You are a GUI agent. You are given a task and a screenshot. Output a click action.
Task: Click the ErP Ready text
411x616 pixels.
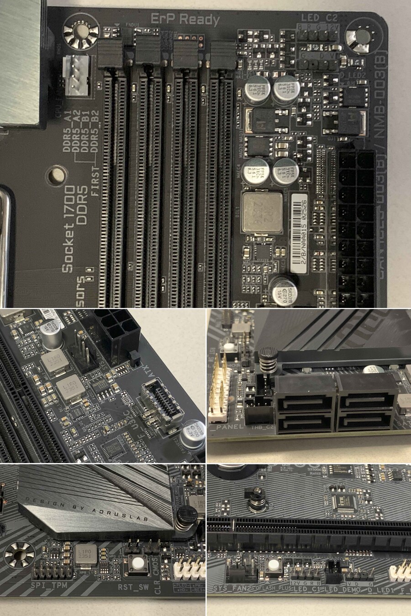185,19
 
